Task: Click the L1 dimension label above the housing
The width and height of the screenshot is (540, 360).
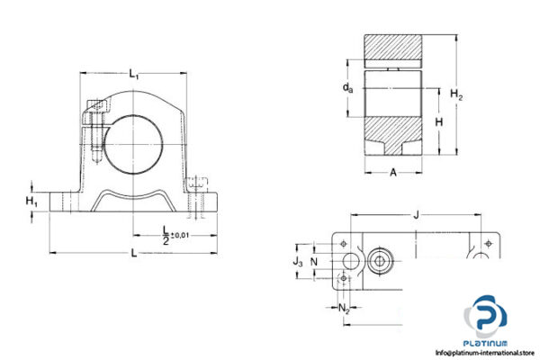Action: pos(134,76)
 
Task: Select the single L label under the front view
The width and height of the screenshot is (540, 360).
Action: pos(134,255)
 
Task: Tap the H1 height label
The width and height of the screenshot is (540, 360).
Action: pos(31,200)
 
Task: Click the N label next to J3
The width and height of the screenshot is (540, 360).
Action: pos(314,261)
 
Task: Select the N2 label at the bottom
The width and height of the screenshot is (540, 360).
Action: pos(346,309)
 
